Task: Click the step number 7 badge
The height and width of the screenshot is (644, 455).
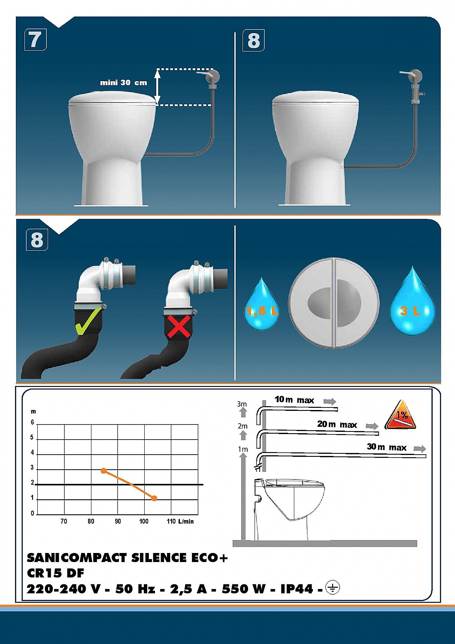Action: [x=36, y=40]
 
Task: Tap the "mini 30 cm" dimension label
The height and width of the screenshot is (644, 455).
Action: [x=123, y=82]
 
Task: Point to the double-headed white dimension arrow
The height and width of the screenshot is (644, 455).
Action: [x=158, y=87]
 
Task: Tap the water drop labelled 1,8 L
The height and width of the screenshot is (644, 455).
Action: [x=261, y=306]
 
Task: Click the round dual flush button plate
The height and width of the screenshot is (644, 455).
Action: [x=334, y=303]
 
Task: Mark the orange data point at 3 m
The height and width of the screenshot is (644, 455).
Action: [x=103, y=471]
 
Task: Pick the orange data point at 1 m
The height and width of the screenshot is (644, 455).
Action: [x=155, y=498]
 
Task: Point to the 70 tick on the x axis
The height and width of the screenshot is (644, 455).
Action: [x=64, y=521]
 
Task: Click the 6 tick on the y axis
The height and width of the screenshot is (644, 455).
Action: [x=32, y=422]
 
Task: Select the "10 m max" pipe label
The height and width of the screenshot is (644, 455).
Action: [x=294, y=400]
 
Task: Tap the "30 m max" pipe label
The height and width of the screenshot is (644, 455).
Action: [x=386, y=447]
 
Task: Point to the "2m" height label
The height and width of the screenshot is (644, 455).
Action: [x=243, y=426]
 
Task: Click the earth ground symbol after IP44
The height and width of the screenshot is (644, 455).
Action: [x=332, y=587]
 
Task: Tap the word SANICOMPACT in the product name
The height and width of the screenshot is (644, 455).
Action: [x=77, y=558]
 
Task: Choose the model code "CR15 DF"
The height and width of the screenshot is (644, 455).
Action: [x=55, y=573]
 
